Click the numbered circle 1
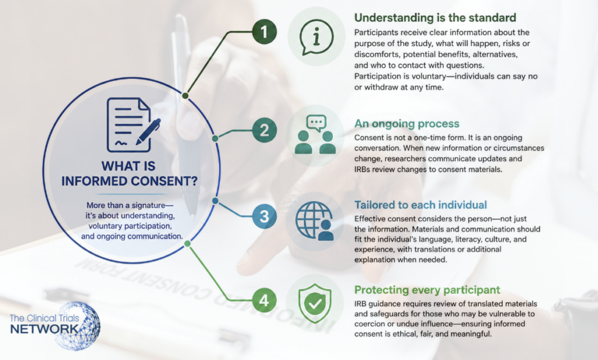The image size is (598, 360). click(265, 32)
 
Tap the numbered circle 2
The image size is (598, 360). click(265, 130)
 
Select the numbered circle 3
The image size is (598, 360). click(265, 216)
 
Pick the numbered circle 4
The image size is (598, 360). click(265, 300)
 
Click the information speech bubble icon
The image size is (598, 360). click(316, 37)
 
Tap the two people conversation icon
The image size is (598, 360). click(315, 134)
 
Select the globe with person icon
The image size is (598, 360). click(315, 221)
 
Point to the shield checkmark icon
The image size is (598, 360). click(315, 303)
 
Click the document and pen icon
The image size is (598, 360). click(133, 125)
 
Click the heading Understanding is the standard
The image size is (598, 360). click(435, 18)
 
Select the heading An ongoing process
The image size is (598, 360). click(406, 124)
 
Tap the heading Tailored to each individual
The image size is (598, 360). click(420, 205)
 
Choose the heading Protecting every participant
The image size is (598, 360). click(427, 290)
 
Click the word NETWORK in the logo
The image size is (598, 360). click(44, 328)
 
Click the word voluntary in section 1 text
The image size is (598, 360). click(426, 77)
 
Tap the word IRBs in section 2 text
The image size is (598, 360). click(362, 169)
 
